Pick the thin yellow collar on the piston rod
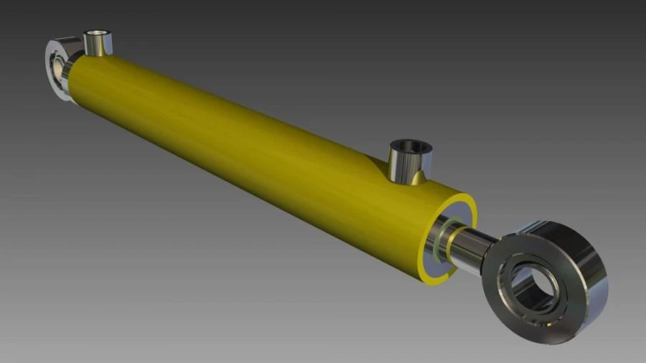451,243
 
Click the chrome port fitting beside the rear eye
95,45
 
